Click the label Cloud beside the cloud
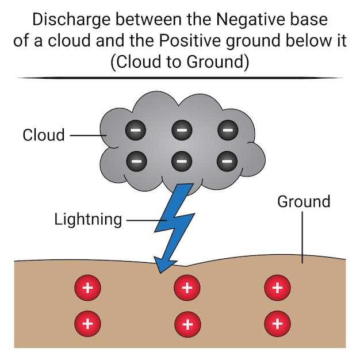[x=44, y=135]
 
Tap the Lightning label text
[x=88, y=219]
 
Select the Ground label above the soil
[x=303, y=202]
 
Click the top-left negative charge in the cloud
[x=136, y=131]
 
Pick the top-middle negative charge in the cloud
[x=181, y=131]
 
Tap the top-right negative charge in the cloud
[x=228, y=131]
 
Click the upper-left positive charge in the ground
[x=87, y=288]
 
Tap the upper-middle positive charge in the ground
[x=186, y=288]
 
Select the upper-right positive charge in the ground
[x=277, y=288]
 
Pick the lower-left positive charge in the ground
[x=87, y=323]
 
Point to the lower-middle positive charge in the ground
[x=186, y=323]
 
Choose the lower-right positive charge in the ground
[x=277, y=323]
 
